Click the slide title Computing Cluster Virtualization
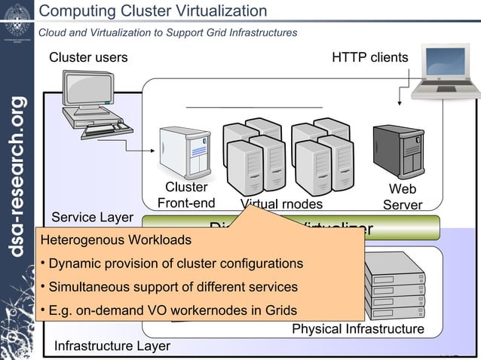coord(152,11)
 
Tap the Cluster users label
coord(88,58)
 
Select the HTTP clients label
coord(370,58)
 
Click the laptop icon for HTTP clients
coord(446,73)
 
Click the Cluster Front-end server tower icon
coord(183,151)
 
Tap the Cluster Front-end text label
coord(186,195)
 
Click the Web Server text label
coord(402,197)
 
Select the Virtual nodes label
coord(281,204)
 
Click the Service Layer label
coord(92,218)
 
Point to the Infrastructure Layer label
coord(112,346)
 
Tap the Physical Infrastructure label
coord(357,330)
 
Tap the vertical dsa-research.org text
coord(17,177)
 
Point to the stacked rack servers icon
coord(397,291)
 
